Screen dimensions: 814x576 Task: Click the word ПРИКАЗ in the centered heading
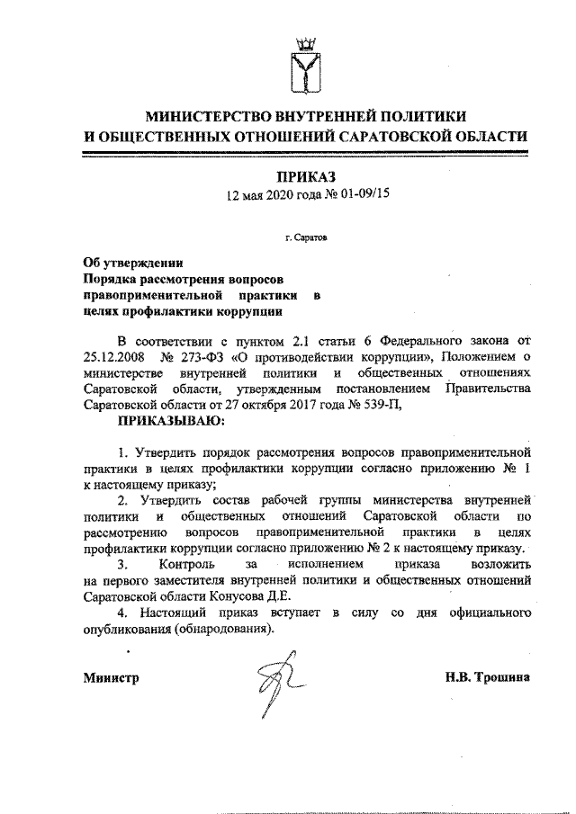point(307,175)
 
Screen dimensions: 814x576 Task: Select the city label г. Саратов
point(306,240)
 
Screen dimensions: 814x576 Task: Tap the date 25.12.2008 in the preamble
point(112,358)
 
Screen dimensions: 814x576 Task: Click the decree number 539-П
point(380,404)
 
